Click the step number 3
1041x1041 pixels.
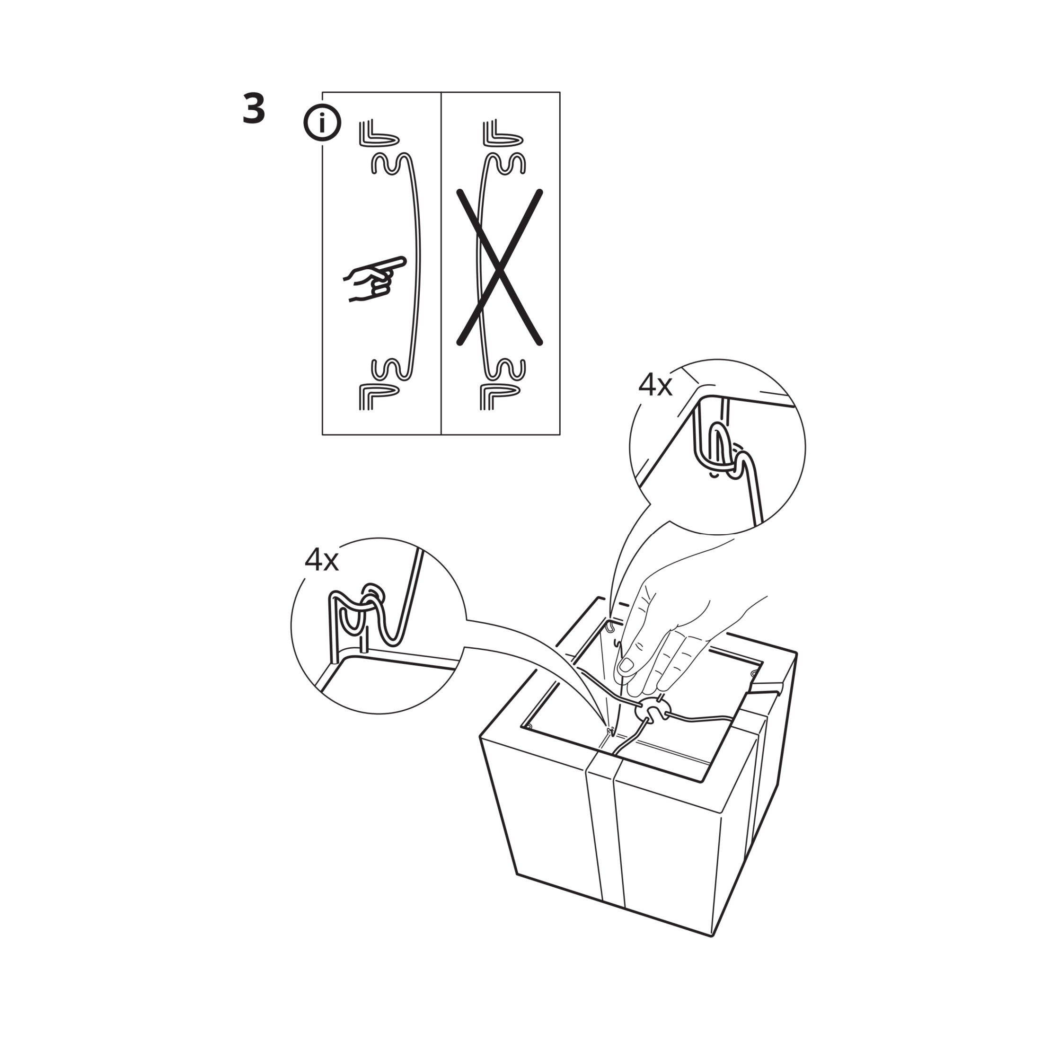(x=254, y=109)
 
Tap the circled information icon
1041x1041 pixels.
(x=322, y=123)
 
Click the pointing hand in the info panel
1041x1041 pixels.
(x=374, y=279)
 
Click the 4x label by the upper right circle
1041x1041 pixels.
(x=655, y=385)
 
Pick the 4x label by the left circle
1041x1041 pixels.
(x=321, y=560)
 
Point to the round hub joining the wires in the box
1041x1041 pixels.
(x=653, y=710)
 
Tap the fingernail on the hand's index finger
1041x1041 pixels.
(x=626, y=665)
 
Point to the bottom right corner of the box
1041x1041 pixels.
(x=712, y=936)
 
